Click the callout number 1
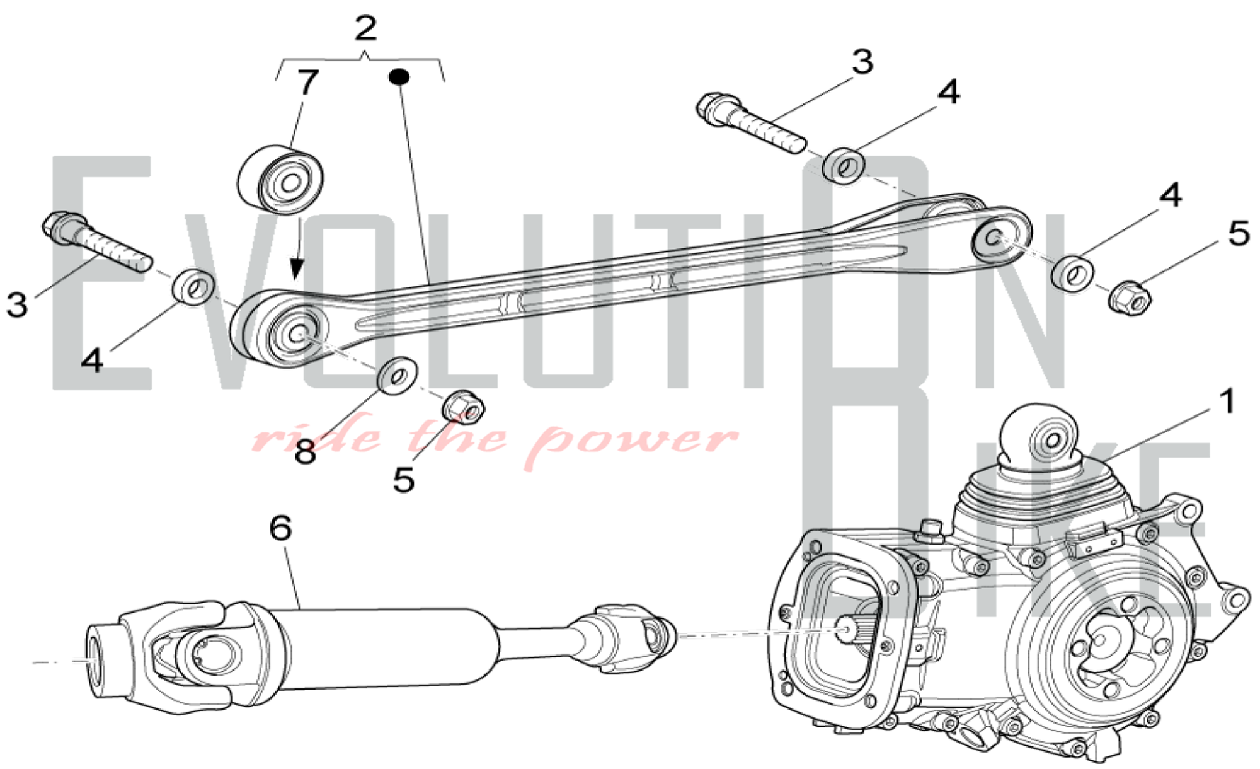coord(1226,402)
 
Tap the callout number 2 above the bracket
coord(365,28)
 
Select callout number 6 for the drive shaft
coord(280,528)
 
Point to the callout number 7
coord(307,82)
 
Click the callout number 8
coord(305,451)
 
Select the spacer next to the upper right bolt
coord(844,166)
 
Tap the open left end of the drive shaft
coord(94,659)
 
